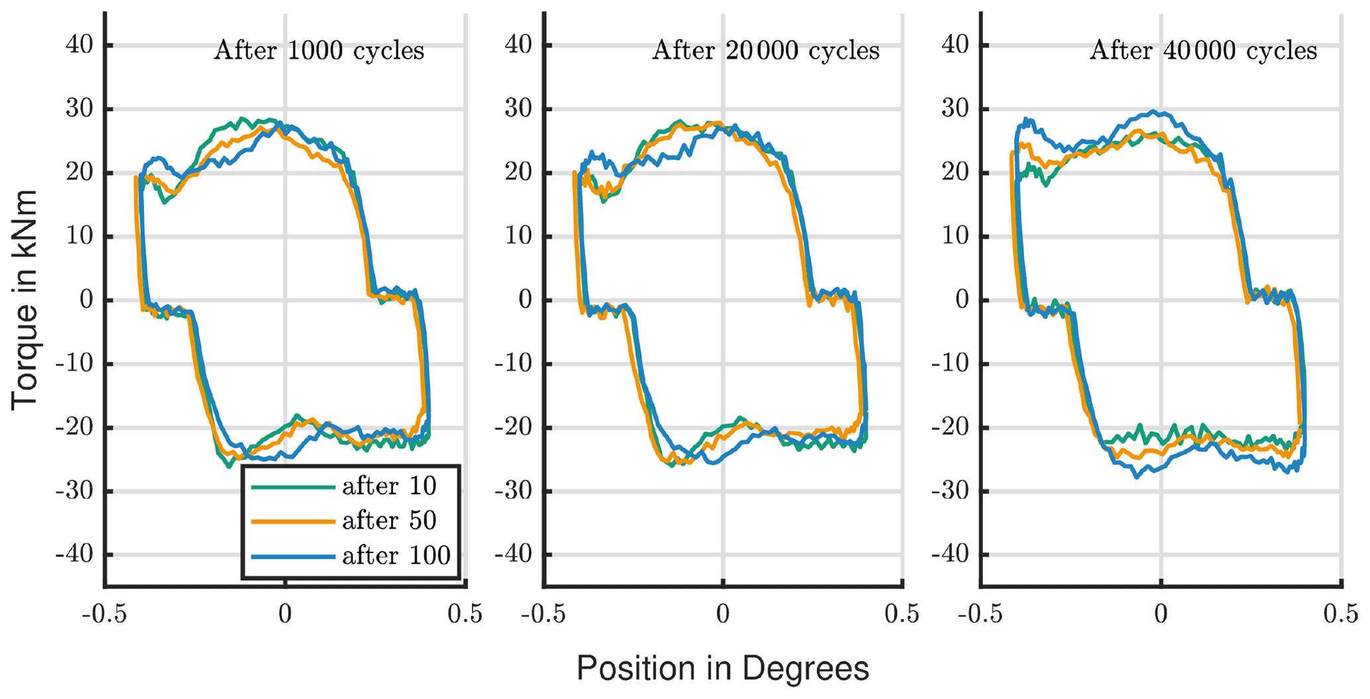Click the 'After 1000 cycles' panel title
318,51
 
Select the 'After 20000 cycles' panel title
766,51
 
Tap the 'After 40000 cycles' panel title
1203,51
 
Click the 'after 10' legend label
389,487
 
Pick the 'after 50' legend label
389,521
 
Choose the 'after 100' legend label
396,556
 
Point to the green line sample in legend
293,487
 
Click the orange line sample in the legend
293,522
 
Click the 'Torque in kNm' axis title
24,300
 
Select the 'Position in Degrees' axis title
722,668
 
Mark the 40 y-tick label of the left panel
79,45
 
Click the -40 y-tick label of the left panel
74,554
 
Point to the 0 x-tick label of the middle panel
722,614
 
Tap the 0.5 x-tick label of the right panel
1340,614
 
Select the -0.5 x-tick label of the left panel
104,614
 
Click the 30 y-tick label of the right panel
955,109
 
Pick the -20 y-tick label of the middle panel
514,427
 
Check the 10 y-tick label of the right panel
955,236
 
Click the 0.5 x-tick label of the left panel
465,614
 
